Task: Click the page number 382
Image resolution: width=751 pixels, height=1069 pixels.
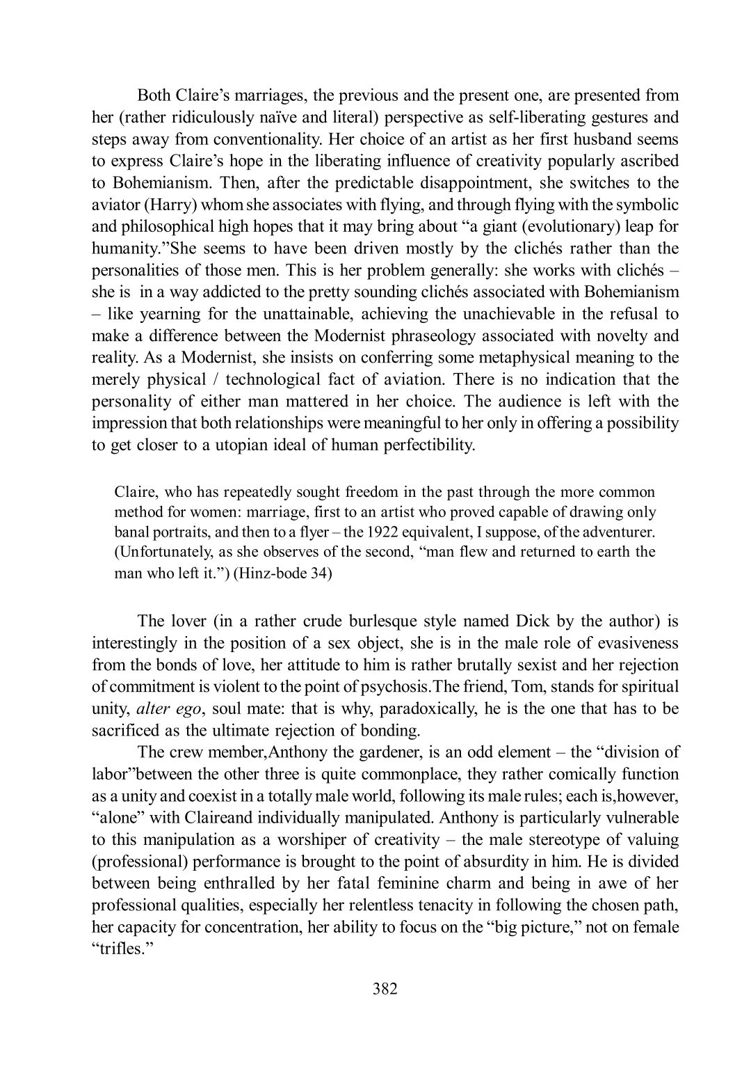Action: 385,988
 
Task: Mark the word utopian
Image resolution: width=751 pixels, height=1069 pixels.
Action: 252,445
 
